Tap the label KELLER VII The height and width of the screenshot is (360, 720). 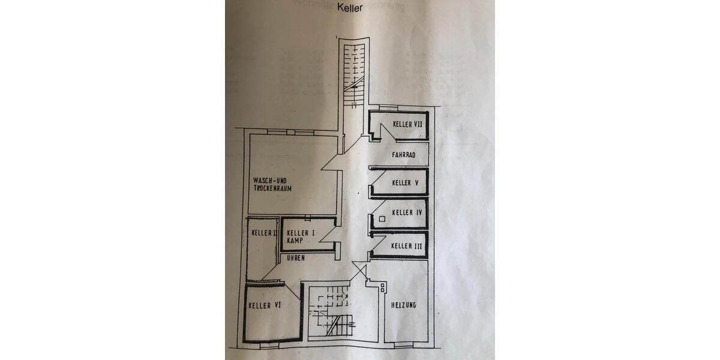(407, 124)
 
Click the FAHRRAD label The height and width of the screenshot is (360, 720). (404, 155)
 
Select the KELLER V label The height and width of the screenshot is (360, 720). (405, 183)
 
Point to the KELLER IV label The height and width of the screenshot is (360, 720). (407, 212)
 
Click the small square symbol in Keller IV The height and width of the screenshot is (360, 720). (381, 218)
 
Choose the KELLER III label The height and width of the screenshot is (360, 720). (406, 246)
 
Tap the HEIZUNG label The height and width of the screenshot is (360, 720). (404, 305)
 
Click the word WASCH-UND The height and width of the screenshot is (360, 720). (271, 180)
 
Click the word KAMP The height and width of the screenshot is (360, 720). (294, 241)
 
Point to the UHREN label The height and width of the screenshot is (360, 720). (296, 258)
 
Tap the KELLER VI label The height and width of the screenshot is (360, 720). (265, 305)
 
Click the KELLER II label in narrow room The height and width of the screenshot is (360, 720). (263, 233)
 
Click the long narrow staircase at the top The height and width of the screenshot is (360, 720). (353, 72)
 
